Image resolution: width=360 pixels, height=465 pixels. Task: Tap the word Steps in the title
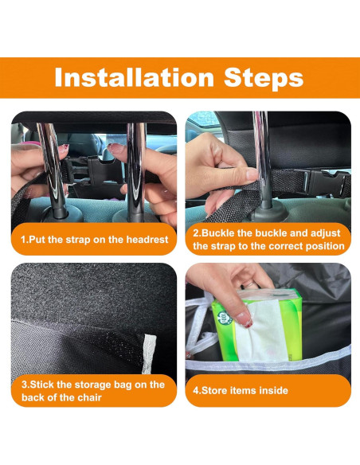(x=262, y=77)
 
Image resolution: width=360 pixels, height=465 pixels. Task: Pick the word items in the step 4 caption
(x=247, y=391)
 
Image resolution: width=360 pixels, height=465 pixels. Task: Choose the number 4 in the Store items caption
(x=195, y=391)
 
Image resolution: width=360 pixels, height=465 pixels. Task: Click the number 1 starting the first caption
(x=24, y=239)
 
